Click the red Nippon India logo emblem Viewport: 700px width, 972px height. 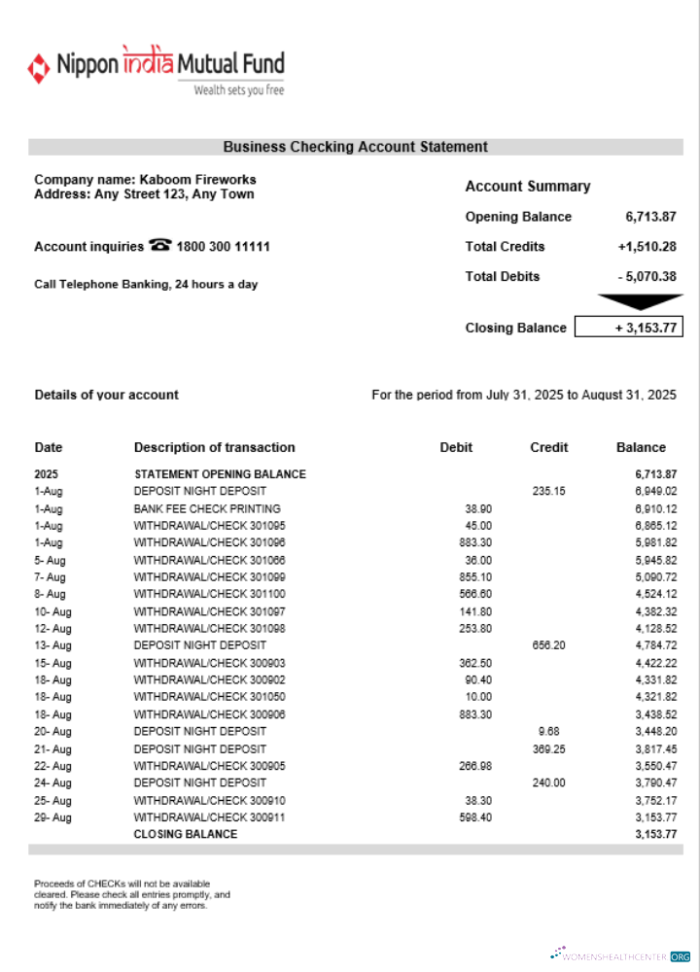point(39,67)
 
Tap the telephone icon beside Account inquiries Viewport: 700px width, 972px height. point(160,246)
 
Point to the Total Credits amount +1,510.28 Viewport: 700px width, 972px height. point(647,247)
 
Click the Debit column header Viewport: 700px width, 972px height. point(456,448)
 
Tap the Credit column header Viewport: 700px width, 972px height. point(549,448)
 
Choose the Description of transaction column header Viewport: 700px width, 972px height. point(214,448)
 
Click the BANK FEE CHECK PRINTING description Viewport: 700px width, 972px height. point(207,508)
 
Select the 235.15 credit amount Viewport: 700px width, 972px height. point(548,492)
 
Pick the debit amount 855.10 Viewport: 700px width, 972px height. point(474,577)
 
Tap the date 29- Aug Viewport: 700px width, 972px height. point(53,817)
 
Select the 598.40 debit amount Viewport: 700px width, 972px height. point(474,817)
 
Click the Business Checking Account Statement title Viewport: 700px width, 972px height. point(355,148)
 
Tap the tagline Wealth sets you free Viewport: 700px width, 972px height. point(239,90)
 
